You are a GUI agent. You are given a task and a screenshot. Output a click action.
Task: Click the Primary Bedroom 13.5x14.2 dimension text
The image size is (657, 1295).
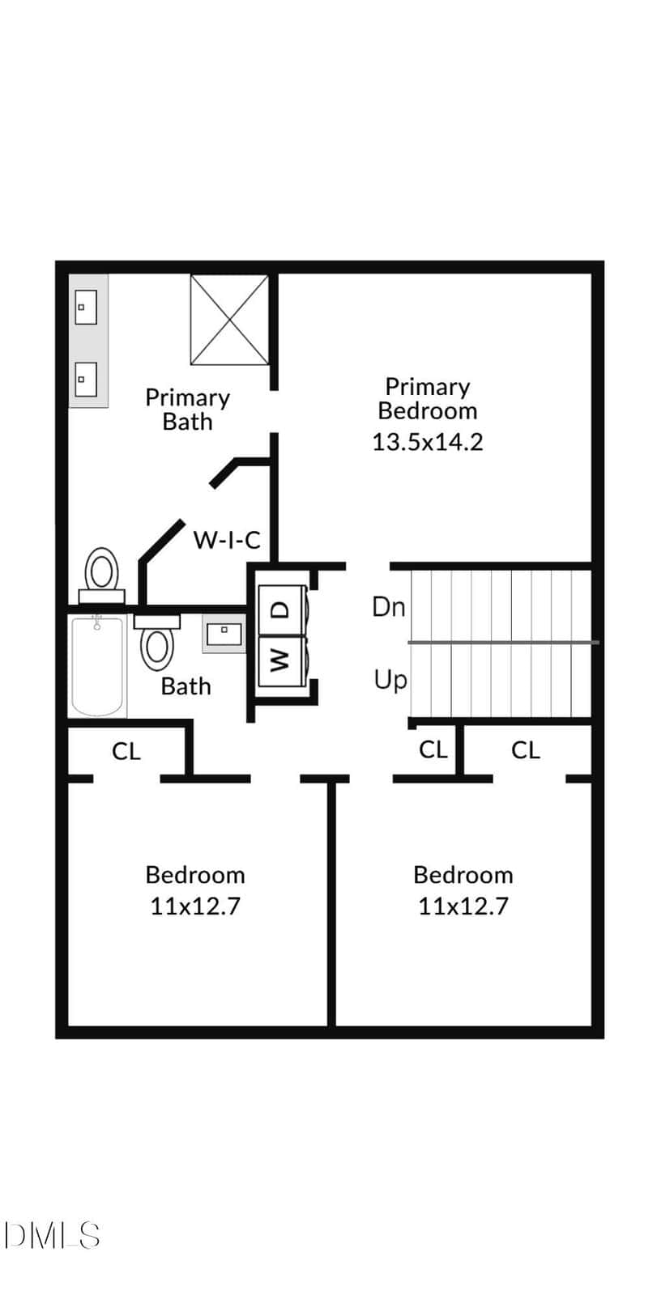coord(427,442)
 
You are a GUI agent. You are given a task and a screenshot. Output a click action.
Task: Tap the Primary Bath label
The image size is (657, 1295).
coord(188,410)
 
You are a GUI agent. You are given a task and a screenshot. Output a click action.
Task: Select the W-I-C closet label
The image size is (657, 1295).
coord(226,540)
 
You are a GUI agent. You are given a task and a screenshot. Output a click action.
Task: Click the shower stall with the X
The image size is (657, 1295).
coord(230,320)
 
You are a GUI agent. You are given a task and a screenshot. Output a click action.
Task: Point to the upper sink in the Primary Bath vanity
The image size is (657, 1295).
coord(86,307)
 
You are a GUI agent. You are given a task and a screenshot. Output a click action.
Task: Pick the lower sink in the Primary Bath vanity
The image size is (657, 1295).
coord(86,380)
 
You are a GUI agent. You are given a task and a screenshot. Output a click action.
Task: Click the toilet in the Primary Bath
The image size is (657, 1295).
coord(102,575)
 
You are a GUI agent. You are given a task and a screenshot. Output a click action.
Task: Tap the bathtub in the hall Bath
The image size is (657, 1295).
coord(97,666)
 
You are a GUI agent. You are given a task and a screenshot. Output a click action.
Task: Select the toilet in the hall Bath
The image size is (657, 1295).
coord(157,643)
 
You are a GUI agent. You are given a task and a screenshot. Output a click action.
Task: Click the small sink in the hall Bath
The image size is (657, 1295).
coord(224,635)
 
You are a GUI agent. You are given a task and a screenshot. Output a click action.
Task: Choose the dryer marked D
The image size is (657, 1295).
coord(281,610)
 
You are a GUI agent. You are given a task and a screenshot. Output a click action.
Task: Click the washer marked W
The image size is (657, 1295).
coord(281,661)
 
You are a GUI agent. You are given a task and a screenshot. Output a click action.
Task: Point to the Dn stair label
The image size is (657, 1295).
coord(388,608)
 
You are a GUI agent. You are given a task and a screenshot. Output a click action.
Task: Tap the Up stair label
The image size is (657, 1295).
coord(390,680)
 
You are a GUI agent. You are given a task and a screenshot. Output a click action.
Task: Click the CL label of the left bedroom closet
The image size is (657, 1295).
coord(126,751)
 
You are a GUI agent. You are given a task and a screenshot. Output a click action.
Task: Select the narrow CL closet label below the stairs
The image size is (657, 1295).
coord(433,749)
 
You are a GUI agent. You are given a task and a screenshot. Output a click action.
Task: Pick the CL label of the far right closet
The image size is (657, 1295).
coord(526,750)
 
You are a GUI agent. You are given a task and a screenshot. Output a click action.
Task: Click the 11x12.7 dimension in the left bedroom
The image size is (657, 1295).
coord(195,906)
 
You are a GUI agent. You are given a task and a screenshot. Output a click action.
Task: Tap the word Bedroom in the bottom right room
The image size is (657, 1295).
coord(463,875)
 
